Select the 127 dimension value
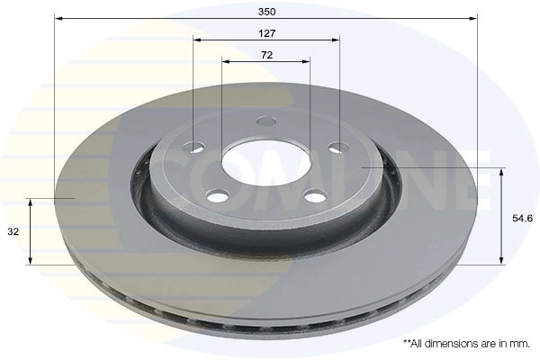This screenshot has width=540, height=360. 266,32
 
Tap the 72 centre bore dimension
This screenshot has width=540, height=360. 266,55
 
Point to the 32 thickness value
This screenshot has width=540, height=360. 13,231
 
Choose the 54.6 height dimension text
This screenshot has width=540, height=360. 522,218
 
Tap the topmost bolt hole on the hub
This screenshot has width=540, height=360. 266,121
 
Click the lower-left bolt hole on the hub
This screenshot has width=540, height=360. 218,196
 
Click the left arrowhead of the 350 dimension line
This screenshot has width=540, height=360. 58,17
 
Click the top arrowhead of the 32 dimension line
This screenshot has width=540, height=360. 31,202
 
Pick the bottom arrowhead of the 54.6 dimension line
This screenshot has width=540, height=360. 501,261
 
